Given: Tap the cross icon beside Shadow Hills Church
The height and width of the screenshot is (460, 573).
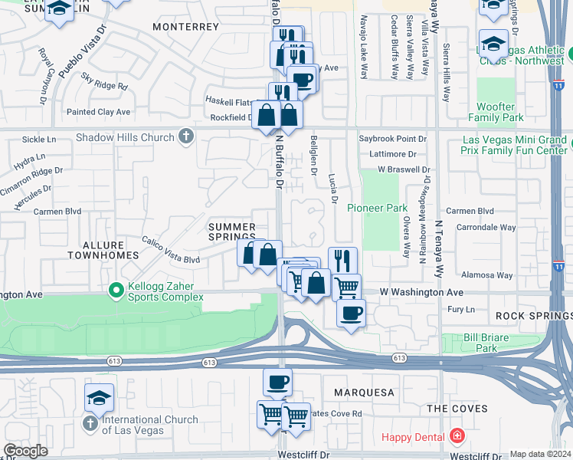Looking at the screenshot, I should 185,137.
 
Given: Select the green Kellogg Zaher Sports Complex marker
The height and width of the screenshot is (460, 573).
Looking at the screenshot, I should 116,291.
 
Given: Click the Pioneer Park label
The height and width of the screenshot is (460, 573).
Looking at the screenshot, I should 377,208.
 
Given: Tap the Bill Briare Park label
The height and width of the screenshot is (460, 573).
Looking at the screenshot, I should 492,343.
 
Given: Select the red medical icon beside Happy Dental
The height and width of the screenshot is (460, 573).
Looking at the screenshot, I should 457,436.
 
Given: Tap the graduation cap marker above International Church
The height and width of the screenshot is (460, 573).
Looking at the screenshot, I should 100,398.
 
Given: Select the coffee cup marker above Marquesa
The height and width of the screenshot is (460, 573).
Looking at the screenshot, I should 277,381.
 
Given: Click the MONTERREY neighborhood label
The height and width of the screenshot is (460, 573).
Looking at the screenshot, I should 186,26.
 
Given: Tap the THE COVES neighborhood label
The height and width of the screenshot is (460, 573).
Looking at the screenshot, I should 457,409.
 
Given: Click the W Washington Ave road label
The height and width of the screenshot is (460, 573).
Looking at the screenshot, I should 422,293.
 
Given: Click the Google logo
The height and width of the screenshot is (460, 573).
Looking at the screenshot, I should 25,450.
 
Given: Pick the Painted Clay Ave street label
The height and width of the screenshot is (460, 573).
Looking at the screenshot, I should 98,112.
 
